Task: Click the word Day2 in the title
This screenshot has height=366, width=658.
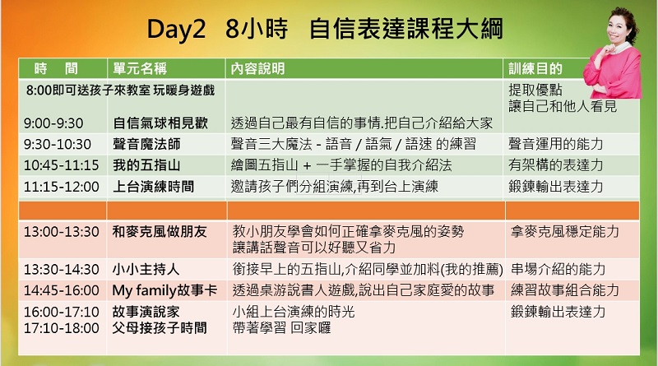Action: (x=176, y=30)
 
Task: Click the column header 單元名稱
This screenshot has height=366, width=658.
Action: (x=140, y=68)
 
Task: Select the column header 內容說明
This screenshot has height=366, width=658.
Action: (x=257, y=68)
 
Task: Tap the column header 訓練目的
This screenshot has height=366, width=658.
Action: (x=535, y=68)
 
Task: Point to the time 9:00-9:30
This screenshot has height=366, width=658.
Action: (x=53, y=123)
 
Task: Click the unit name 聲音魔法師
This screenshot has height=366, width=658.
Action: (x=146, y=144)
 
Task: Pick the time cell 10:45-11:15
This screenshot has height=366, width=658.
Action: (x=61, y=165)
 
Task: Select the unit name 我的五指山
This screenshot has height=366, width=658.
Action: (x=146, y=165)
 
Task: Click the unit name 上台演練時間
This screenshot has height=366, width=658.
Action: (x=154, y=187)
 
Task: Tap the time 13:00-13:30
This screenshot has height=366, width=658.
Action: (x=61, y=232)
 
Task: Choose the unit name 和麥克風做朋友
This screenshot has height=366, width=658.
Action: (x=160, y=231)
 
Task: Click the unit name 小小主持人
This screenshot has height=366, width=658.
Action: (x=146, y=269)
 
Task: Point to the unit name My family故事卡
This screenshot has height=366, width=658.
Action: (x=164, y=290)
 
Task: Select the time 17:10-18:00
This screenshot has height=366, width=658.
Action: (x=61, y=328)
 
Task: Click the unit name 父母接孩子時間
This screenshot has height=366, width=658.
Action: (x=160, y=328)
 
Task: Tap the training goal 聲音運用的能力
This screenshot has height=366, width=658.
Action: (x=556, y=144)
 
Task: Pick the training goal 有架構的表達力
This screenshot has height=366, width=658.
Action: (x=556, y=165)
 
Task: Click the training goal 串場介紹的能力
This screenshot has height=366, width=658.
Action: (x=558, y=269)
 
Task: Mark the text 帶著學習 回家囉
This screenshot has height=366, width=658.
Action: (x=281, y=328)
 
